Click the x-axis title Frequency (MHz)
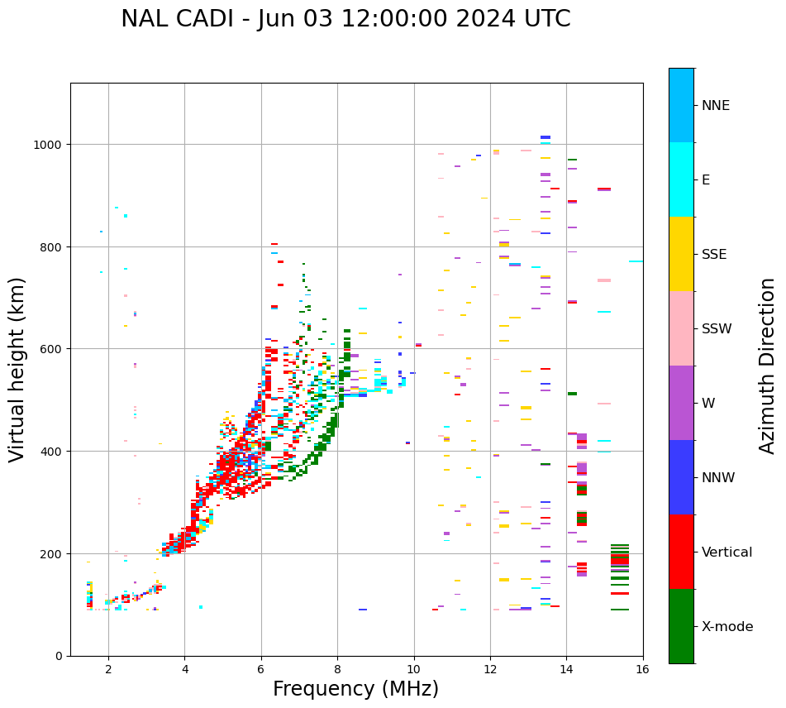(x=355, y=689)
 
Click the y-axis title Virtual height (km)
(x=17, y=369)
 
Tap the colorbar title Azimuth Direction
(x=767, y=366)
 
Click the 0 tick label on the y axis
(x=59, y=656)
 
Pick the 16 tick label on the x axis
(x=642, y=671)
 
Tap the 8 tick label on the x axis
(x=337, y=671)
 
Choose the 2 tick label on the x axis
(x=108, y=671)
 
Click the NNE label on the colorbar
(x=716, y=106)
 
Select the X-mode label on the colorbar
(x=727, y=627)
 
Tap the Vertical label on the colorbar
(x=727, y=553)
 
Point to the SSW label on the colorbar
(x=717, y=329)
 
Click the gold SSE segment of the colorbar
(x=681, y=254)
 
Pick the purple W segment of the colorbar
(x=681, y=403)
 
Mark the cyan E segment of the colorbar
(x=681, y=179)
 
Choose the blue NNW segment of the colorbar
(x=681, y=477)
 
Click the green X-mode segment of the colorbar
(x=681, y=626)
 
